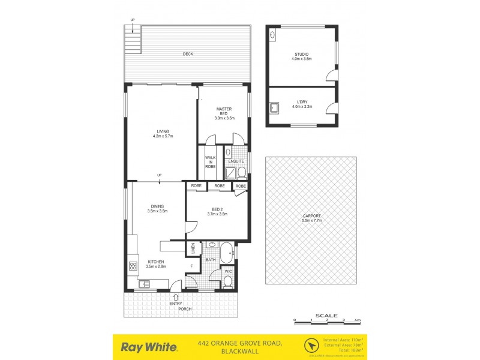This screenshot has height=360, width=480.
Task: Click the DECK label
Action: [x=188, y=55]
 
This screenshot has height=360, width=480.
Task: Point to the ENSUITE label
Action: [x=235, y=161]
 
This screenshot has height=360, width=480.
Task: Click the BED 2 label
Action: [x=217, y=212]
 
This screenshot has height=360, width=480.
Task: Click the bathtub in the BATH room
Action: [x=229, y=253]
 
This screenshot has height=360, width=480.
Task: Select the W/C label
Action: [x=229, y=272]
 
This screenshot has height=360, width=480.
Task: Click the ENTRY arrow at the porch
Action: [x=176, y=296]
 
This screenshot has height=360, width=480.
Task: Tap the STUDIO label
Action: [x=301, y=56]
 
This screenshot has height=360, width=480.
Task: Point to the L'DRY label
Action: [x=301, y=104]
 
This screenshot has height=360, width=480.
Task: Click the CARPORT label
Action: [x=311, y=217]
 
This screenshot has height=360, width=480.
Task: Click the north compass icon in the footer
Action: [x=311, y=346]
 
